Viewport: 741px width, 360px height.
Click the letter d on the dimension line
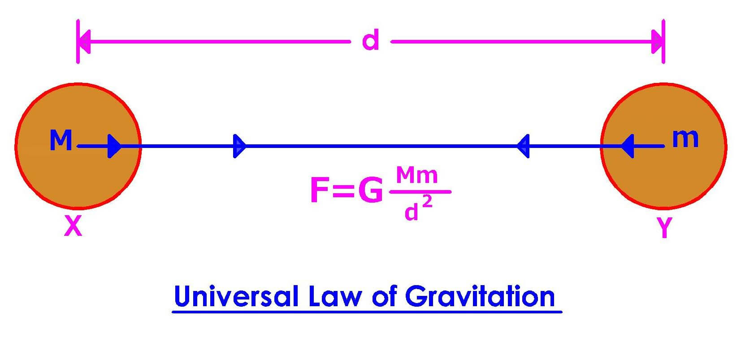pyautogui.click(x=370, y=40)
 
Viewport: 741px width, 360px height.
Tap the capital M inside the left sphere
pyautogui.click(x=61, y=140)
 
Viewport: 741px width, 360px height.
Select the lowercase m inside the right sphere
pyautogui.click(x=685, y=138)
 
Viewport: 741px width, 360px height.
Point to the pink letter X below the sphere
pyautogui.click(x=73, y=226)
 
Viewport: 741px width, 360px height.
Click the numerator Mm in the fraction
pyautogui.click(x=416, y=176)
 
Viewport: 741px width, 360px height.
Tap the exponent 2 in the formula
pyautogui.click(x=427, y=203)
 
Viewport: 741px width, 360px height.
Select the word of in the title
pyautogui.click(x=384, y=297)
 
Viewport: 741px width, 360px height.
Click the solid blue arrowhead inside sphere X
pyautogui.click(x=115, y=146)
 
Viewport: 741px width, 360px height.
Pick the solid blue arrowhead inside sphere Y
pyautogui.click(x=628, y=146)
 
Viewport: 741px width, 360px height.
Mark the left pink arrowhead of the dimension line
pyautogui.click(x=84, y=42)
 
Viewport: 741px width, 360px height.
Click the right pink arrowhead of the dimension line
pyautogui.click(x=658, y=42)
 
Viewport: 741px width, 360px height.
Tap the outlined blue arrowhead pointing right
pyautogui.click(x=239, y=146)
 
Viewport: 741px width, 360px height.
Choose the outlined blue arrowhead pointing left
pyautogui.click(x=523, y=146)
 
